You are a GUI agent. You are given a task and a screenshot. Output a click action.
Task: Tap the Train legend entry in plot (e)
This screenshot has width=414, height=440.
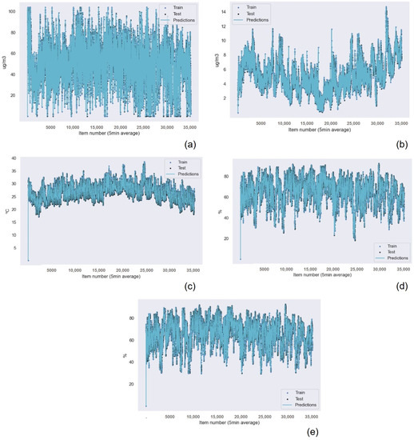click(x=297, y=393)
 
